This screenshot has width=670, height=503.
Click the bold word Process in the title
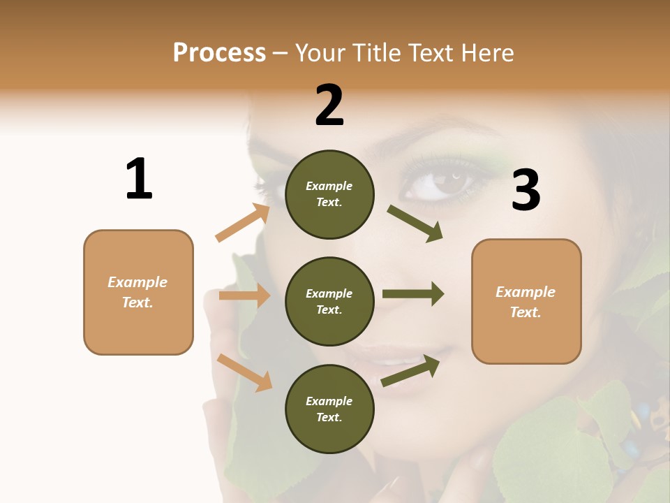219,53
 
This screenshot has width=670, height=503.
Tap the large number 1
139,179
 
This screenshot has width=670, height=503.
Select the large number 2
329,105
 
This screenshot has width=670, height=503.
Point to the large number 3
526,190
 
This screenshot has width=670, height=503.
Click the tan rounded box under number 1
138,292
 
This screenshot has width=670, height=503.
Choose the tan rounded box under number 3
526,301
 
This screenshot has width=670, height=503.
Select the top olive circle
329,194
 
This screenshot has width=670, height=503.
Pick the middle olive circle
329,301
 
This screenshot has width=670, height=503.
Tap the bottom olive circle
329,409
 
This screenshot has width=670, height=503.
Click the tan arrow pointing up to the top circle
243,223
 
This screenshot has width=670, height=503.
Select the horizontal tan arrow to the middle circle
244,296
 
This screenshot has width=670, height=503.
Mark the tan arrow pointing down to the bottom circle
244,372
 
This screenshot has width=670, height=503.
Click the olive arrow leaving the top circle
415,224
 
